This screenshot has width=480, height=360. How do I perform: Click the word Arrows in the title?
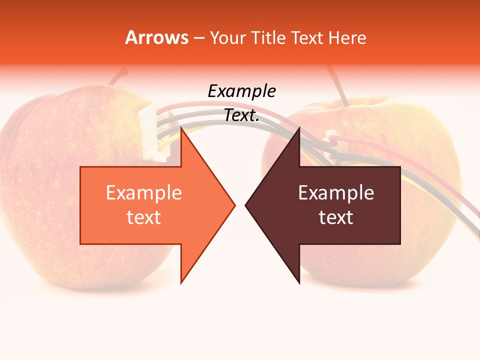click(x=156, y=37)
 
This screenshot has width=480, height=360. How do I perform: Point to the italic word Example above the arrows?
click(x=241, y=91)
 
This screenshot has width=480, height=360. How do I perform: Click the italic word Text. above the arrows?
click(x=241, y=115)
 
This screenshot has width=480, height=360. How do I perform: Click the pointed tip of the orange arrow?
click(x=234, y=205)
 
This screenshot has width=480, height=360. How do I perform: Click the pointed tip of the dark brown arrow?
click(x=245, y=205)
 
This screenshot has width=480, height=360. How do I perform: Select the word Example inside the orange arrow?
click(x=144, y=193)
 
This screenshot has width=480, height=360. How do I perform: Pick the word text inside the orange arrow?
click(x=144, y=217)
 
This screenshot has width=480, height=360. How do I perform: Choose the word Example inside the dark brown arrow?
click(x=336, y=193)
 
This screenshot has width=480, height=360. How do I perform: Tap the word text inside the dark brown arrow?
click(x=336, y=217)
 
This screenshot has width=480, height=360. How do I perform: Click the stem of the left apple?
click(x=118, y=76)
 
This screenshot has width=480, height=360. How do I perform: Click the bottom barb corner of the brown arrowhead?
click(x=299, y=283)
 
